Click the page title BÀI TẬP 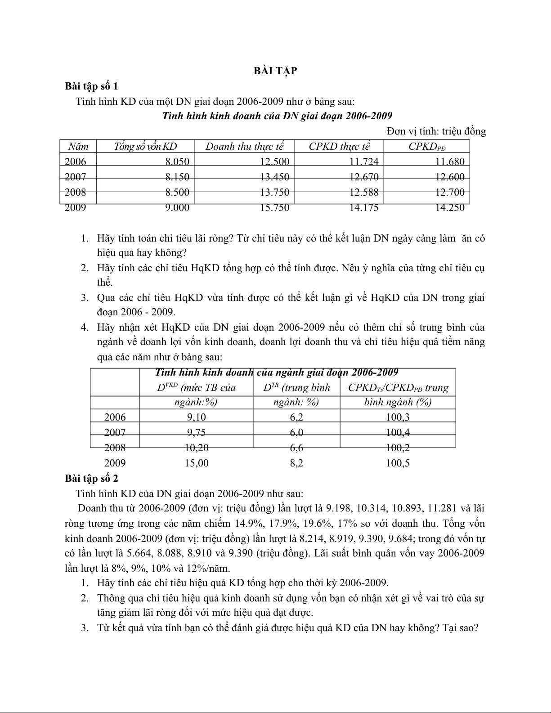coord(275,71)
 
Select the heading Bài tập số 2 coord(91,478)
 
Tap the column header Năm coord(78,146)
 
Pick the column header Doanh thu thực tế coord(245,146)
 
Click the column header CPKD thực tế coord(339,146)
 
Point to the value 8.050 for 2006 coord(177,161)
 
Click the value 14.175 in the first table coord(363,207)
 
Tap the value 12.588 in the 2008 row coord(363,192)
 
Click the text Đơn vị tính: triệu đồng coord(436,131)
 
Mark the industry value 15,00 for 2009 coord(197,463)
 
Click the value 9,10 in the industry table coord(197,417)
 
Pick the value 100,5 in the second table coord(398,463)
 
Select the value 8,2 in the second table coord(296,463)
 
